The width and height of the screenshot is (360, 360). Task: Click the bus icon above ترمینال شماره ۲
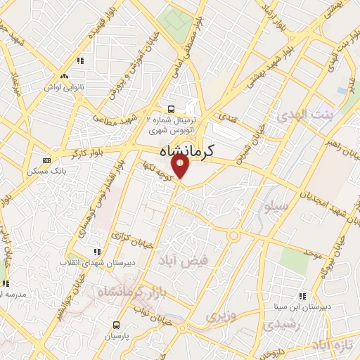[172, 109]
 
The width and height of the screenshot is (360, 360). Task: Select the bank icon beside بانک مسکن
[46, 160]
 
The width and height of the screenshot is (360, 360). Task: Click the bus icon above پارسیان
[116, 325]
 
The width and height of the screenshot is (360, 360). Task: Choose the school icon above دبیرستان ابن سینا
[302, 296]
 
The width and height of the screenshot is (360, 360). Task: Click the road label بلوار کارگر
[88, 150]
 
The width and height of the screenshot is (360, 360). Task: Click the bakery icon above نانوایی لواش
[65, 76]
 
